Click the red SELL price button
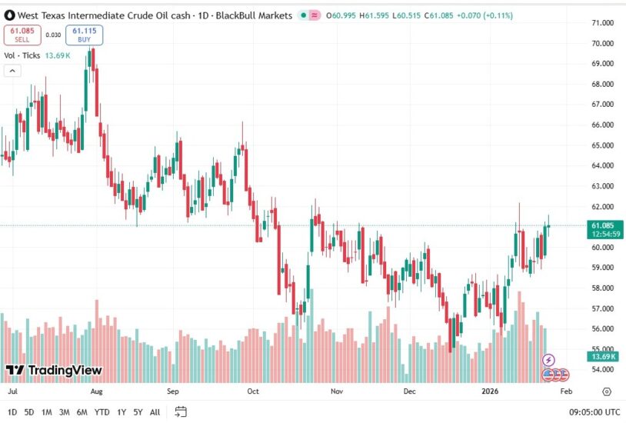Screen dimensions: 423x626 click(22, 35)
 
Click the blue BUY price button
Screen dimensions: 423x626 click(85, 35)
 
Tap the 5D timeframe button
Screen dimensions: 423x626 click(29, 412)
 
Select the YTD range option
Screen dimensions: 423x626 click(101, 412)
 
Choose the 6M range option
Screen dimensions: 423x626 click(82, 412)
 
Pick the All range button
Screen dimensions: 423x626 click(155, 412)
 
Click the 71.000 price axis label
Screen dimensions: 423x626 click(602, 23)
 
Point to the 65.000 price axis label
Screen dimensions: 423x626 click(602, 145)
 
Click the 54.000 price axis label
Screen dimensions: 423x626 click(602, 370)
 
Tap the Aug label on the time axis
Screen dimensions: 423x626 click(96, 391)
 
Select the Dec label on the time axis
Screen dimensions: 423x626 click(410, 391)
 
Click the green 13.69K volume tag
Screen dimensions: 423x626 click(602, 357)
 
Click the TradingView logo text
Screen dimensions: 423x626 click(54, 371)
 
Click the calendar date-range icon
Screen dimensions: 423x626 click(181, 411)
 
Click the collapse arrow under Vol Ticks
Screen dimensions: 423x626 click(12, 71)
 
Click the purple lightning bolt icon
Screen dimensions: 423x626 click(549, 359)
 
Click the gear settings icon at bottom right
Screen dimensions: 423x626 click(607, 391)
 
